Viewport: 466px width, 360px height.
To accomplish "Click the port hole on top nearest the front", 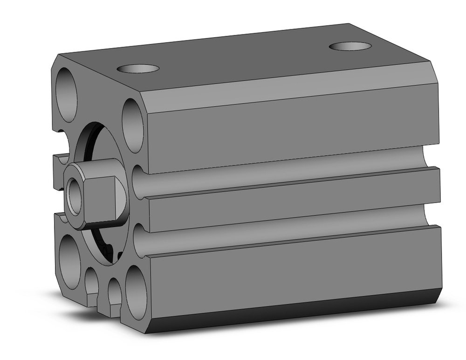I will (x=138, y=69).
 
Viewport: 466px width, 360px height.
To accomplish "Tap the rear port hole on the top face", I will (x=350, y=46).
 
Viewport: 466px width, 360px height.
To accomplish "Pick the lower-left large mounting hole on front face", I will (x=70, y=262).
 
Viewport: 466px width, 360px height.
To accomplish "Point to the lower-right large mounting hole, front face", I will (x=136, y=293).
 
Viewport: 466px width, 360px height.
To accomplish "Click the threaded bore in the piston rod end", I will (x=75, y=196).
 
